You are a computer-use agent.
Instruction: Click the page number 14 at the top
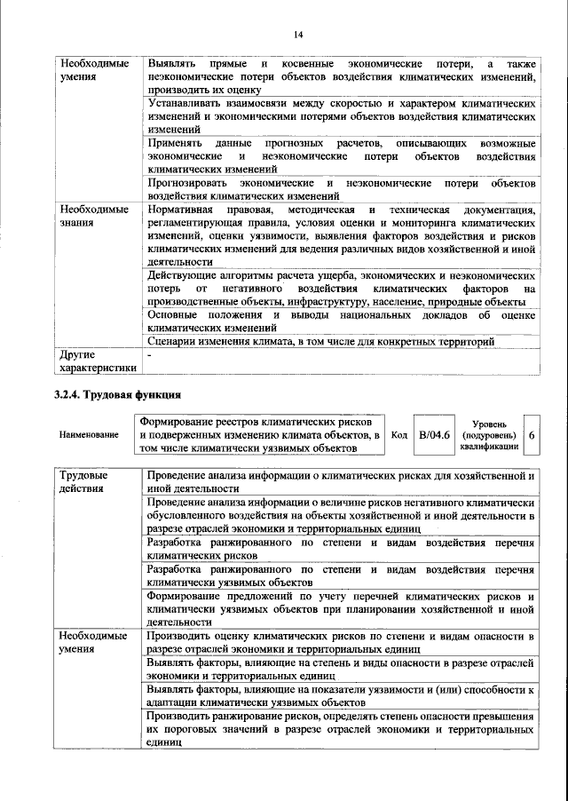click(298, 34)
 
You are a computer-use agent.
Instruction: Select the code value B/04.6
click(435, 435)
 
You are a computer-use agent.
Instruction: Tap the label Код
click(399, 435)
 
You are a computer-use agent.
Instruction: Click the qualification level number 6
click(531, 435)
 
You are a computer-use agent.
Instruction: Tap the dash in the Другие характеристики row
click(151, 355)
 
